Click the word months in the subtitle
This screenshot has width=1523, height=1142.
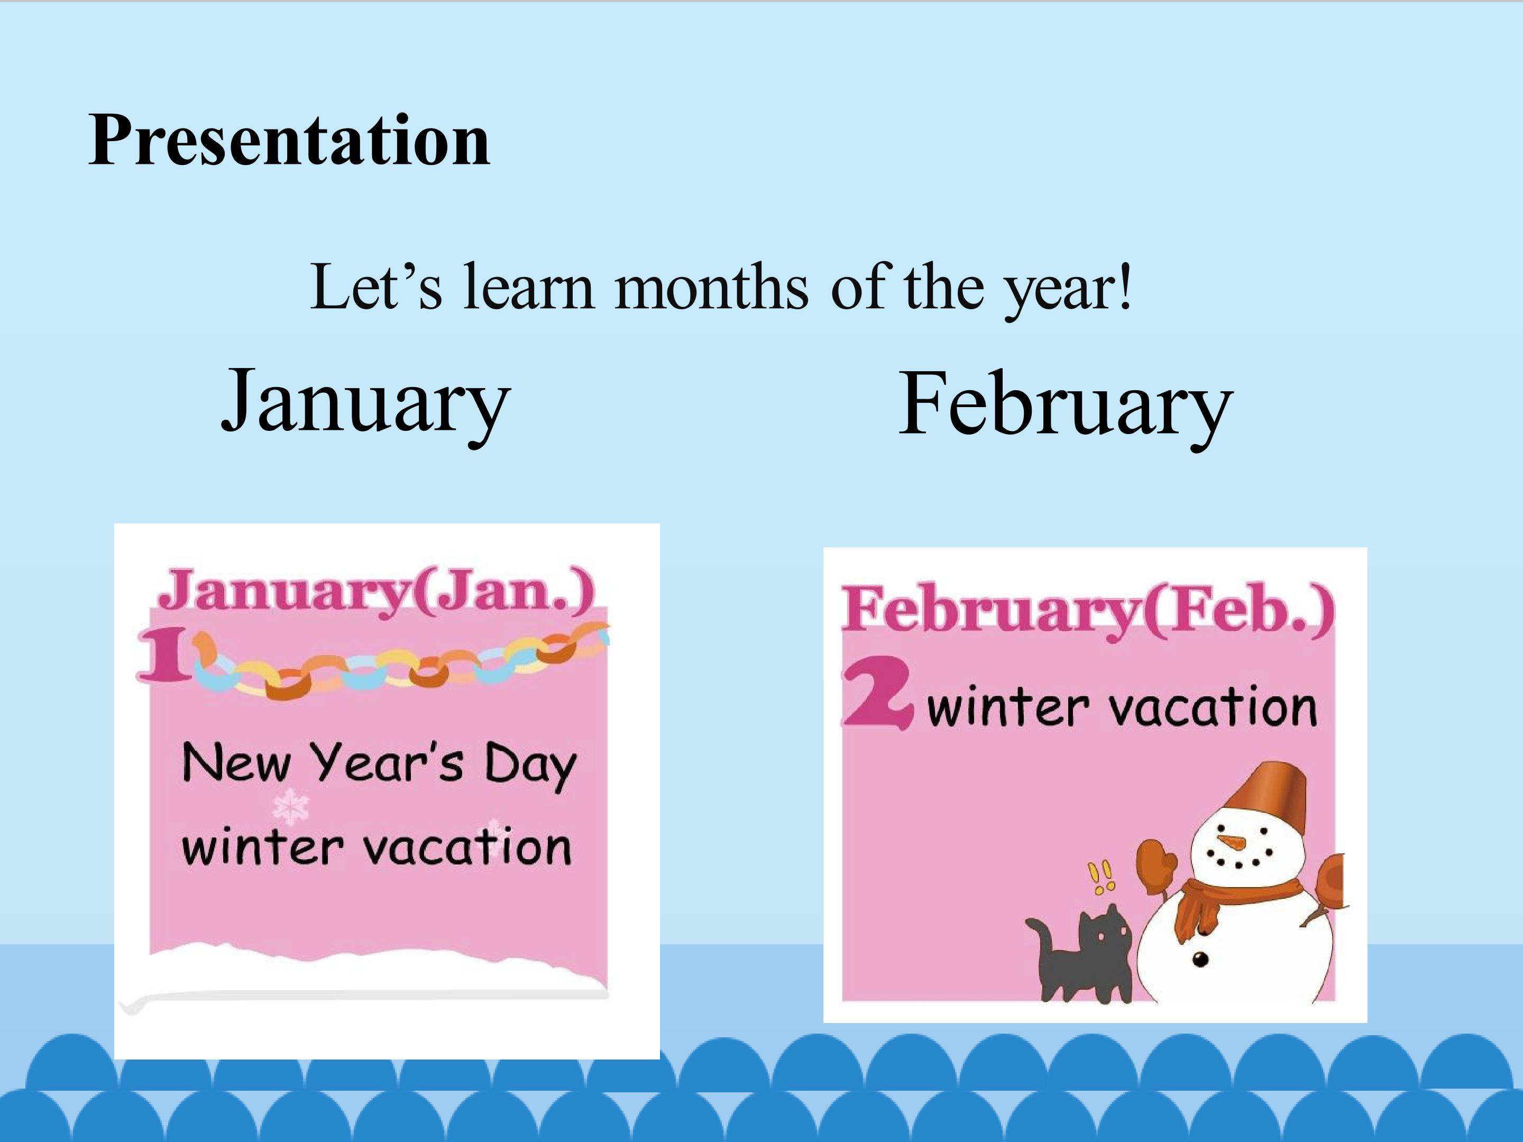[x=712, y=287]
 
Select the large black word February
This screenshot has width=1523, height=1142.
[x=1065, y=406]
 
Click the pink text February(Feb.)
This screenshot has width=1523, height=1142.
[x=1088, y=611]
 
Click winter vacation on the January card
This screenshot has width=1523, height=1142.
[x=377, y=846]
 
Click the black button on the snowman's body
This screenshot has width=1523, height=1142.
[x=1201, y=960]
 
